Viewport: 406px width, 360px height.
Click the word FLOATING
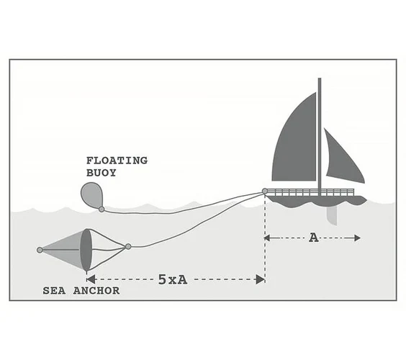point(117,161)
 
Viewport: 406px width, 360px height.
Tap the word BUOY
point(101,173)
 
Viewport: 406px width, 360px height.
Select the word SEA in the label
point(54,291)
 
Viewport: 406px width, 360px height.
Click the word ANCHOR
point(96,291)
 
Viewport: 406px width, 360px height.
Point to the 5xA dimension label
point(173,279)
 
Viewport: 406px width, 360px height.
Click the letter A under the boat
point(314,238)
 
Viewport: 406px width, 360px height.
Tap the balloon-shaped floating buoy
point(92,195)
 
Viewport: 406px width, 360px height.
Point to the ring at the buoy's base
point(101,210)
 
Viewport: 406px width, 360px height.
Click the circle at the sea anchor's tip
point(40,250)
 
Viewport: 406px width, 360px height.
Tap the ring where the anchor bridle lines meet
point(128,246)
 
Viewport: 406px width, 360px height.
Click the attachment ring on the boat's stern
point(265,192)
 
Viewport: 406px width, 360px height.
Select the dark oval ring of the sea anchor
point(86,250)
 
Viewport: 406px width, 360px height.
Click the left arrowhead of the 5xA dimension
point(91,279)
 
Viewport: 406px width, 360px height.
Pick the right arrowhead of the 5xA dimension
point(260,279)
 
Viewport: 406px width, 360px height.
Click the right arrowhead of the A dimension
point(357,238)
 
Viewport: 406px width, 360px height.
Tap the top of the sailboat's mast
point(320,78)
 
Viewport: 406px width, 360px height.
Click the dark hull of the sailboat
point(317,201)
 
